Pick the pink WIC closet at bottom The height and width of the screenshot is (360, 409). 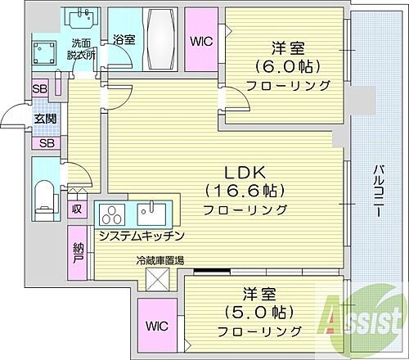(159, 325)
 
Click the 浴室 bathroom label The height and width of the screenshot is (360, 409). (124, 38)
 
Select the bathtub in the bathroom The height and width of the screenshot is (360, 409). (160, 38)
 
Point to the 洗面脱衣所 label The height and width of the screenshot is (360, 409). (80, 49)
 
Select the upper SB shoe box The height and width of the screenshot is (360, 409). (39, 89)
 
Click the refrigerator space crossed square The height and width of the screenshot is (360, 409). (159, 279)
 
